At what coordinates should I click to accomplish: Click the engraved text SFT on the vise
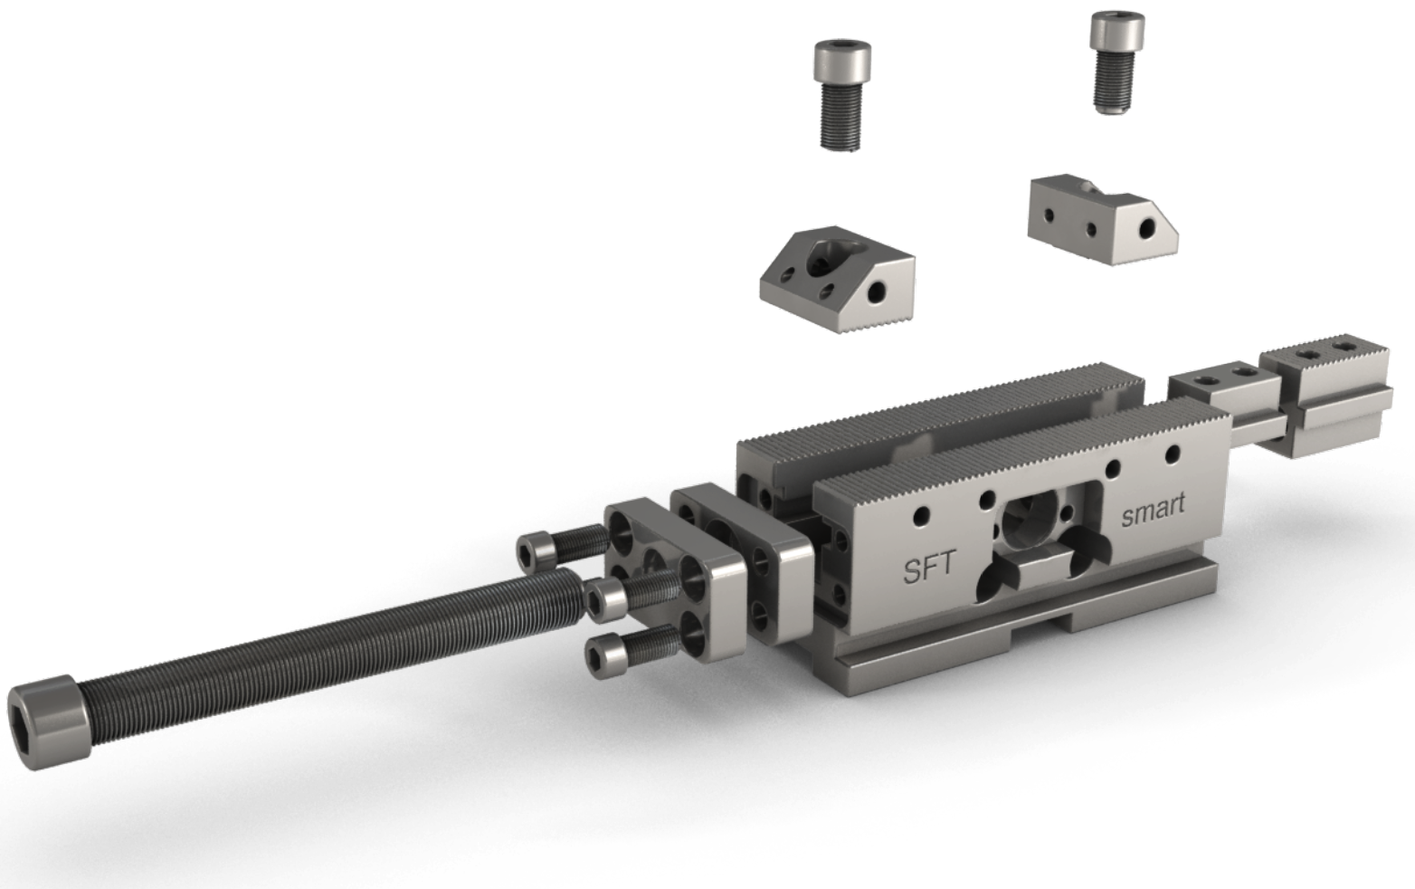point(930,567)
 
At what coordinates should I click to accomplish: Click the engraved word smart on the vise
point(1153,511)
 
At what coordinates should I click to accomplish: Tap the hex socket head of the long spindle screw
point(48,722)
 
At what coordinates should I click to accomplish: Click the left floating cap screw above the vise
point(841,95)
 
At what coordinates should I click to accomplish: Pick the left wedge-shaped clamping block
point(837,279)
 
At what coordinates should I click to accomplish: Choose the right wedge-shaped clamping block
point(1103,219)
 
